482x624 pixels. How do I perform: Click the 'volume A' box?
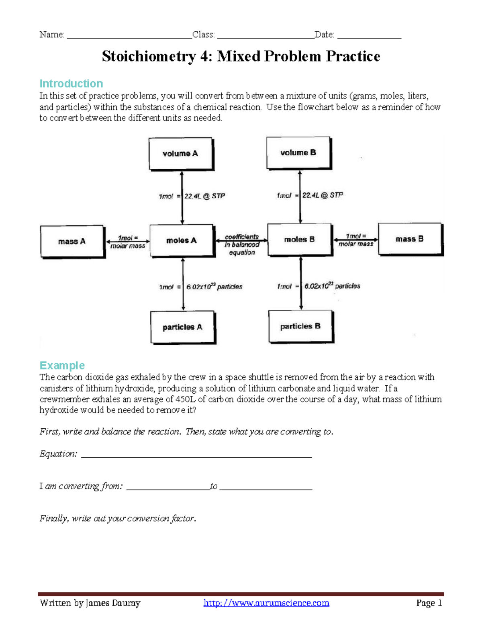180,154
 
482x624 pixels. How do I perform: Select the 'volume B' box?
298,153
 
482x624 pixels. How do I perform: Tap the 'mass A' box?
72,241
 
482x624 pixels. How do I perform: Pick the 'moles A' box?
182,240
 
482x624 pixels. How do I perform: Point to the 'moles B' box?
300,239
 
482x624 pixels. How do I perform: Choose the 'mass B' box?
410,239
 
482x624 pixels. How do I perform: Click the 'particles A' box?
183,327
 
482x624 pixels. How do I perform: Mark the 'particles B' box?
300,326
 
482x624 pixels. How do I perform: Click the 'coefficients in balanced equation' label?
242,245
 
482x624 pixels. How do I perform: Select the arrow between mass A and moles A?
127,241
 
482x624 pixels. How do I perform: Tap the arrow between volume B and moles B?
300,197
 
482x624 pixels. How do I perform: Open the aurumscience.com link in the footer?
266,603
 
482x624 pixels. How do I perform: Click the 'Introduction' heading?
71,84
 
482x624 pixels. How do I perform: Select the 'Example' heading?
62,365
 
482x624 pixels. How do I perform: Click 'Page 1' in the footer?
429,603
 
